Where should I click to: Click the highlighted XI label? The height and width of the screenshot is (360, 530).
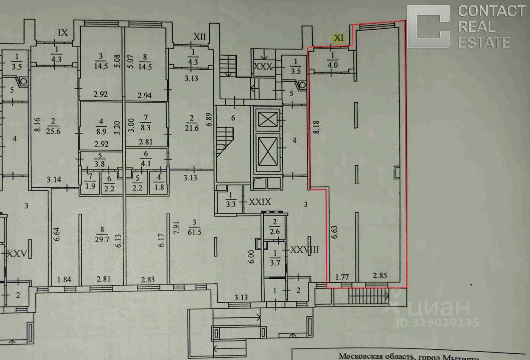[x=338, y=38]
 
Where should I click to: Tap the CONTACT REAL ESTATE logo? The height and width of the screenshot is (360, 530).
[x=459, y=26]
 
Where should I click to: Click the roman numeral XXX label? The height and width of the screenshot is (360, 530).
[x=263, y=67]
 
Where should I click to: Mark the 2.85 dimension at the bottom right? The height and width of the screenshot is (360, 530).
[x=379, y=277]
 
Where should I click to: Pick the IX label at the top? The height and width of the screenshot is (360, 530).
[x=63, y=32]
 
